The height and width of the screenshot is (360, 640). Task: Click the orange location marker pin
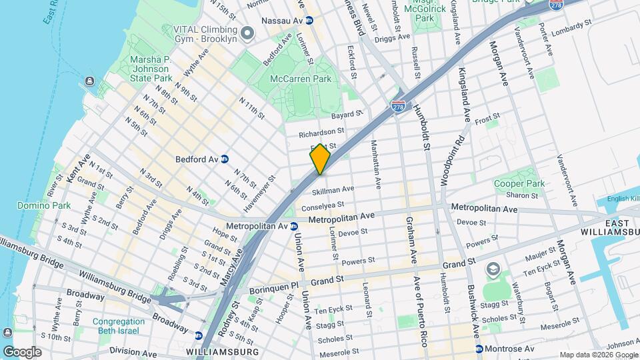coord(320,160)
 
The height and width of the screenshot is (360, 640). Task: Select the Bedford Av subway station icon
coord(225,159)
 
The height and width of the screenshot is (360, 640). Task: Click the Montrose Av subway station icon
coord(479,349)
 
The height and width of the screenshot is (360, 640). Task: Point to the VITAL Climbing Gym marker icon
coord(247,33)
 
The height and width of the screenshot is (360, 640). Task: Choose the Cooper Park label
coord(519,183)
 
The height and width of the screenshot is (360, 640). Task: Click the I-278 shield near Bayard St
coord(399,107)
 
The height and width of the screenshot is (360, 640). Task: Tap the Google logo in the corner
coord(22,351)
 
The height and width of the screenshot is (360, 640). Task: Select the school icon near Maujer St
coord(493,269)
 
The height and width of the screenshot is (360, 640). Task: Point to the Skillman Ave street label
coord(333,191)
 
